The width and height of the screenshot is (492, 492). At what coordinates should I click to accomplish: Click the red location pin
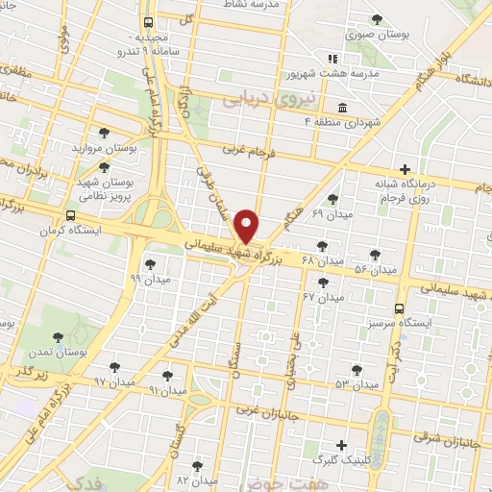247,226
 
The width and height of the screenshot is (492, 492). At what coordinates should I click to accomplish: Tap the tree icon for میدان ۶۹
332,198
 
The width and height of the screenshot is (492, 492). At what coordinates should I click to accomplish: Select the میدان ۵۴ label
376,270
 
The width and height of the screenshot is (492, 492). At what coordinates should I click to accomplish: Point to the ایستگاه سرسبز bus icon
400,308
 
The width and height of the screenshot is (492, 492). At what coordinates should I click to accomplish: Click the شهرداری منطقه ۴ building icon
343,107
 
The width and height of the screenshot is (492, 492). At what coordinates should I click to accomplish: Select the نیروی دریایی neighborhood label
256,98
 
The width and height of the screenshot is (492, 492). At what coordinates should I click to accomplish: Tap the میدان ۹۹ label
149,278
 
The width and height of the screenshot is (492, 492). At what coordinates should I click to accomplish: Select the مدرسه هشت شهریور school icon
332,58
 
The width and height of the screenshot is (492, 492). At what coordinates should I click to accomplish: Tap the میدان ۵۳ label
357,384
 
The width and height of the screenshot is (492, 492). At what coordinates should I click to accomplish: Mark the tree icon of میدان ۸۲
198,465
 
